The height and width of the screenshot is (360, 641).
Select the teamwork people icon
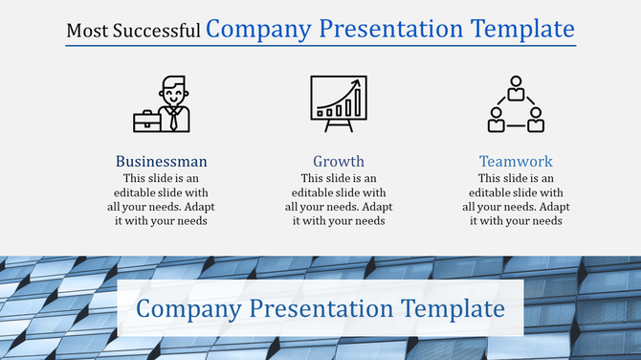516,104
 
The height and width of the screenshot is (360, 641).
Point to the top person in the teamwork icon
516,88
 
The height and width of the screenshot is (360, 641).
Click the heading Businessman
161,161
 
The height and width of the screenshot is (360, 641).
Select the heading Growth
338,161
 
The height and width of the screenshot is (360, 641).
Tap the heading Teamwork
516,161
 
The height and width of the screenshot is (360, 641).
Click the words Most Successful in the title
133,31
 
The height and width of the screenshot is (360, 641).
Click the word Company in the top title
257,29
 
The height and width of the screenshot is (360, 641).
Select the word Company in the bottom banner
188,308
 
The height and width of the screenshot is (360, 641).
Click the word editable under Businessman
141,192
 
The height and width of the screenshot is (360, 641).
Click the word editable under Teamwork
496,192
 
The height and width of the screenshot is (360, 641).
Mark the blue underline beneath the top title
320,45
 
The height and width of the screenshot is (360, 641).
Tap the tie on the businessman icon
173,119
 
